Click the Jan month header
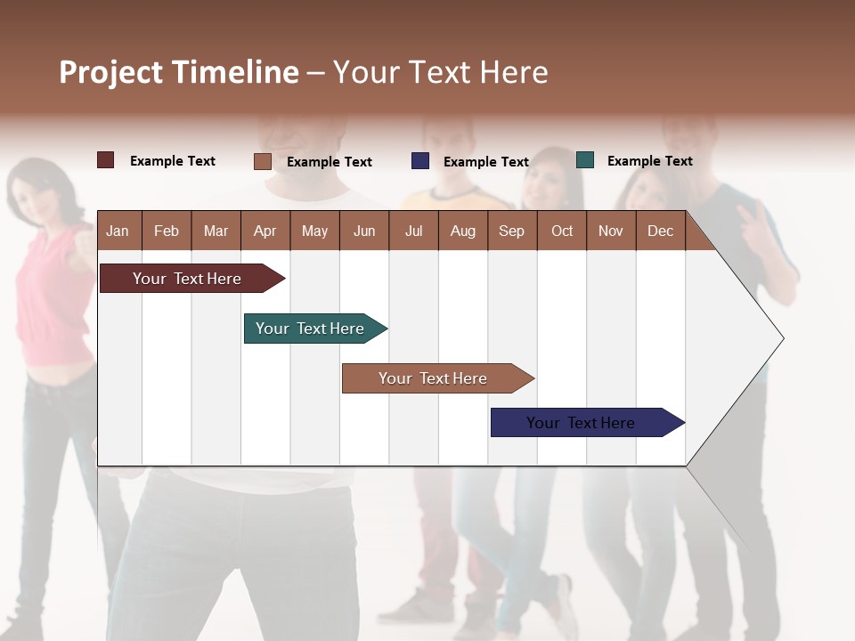pos(118,231)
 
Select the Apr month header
pos(265,231)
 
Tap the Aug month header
pos(462,231)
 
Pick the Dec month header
pos(660,231)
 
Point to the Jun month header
pos(363,231)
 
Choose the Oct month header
pos(561,231)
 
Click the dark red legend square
pos(105,160)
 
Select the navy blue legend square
pos(419,161)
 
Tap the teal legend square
pos(584,160)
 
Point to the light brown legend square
pos(262,161)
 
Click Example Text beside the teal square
pos(649,160)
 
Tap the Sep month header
pos(511,231)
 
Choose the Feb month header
pos(167,231)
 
